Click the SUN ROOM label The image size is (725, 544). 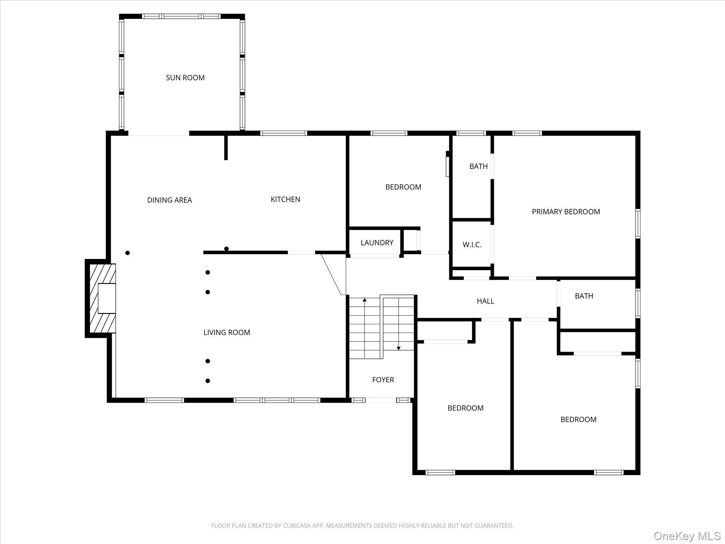185,78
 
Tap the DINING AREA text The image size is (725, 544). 169,200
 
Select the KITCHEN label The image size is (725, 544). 285,199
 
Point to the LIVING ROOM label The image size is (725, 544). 227,332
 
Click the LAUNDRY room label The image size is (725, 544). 377,243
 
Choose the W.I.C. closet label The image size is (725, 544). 472,245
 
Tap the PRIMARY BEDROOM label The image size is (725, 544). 566,212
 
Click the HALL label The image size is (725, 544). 485,301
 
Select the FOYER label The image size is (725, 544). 383,380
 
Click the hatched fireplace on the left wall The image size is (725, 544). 102,298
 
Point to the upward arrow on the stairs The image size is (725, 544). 365,300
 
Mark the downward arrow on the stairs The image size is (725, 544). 398,348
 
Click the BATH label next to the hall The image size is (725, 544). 584,296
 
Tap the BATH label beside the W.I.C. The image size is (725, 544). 478,166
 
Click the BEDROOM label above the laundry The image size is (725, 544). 403,187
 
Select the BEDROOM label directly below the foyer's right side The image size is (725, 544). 465,408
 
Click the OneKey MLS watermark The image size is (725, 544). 687,536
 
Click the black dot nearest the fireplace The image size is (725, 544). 127,253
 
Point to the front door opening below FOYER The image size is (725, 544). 381,400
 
